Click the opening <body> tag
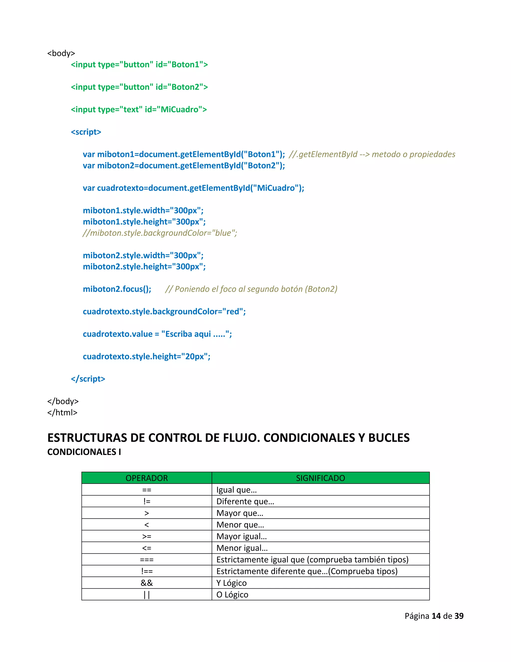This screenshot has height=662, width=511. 61,53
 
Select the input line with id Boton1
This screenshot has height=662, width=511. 139,64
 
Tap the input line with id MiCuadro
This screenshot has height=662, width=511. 139,109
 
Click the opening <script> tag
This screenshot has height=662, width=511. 86,132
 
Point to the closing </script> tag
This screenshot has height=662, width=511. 88,379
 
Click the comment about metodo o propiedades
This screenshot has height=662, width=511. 372,154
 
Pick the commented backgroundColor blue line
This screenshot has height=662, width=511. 160,233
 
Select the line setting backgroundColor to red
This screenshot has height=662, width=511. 164,311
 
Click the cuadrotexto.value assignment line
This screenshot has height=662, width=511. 157,334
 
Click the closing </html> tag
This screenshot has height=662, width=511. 62,412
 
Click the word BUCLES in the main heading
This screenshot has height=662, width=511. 389,438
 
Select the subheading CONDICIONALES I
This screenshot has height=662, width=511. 84,452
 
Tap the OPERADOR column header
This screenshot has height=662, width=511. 146,478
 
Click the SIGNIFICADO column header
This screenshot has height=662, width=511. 320,478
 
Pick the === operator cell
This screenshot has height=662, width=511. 146,560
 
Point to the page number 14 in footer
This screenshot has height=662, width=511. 436,616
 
